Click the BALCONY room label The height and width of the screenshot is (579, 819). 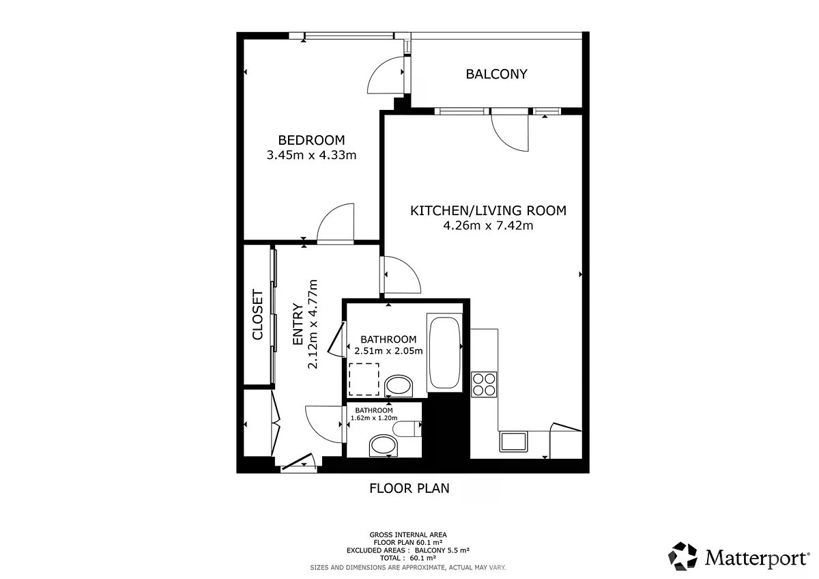coord(496,74)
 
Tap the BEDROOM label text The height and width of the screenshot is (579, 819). coord(311,140)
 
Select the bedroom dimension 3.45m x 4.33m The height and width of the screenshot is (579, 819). coord(311,155)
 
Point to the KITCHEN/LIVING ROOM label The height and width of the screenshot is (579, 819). coord(488,211)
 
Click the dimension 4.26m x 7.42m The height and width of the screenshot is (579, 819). coord(488,225)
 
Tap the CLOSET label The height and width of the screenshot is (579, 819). coord(258,315)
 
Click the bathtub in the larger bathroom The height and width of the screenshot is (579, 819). coord(444,353)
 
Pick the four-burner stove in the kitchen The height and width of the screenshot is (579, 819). coord(484,384)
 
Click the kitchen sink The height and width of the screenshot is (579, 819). coord(513,442)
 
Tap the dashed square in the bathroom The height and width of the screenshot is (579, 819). coord(364,380)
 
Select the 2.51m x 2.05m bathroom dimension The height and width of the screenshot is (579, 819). coord(388,351)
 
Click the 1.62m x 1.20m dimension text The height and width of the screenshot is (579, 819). coord(374,418)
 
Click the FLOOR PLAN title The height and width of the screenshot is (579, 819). coord(409,488)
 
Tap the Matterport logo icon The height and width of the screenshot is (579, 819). coord(682,556)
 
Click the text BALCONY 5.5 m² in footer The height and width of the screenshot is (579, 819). coord(442,550)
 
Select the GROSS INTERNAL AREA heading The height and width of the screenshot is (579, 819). coord(408,535)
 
